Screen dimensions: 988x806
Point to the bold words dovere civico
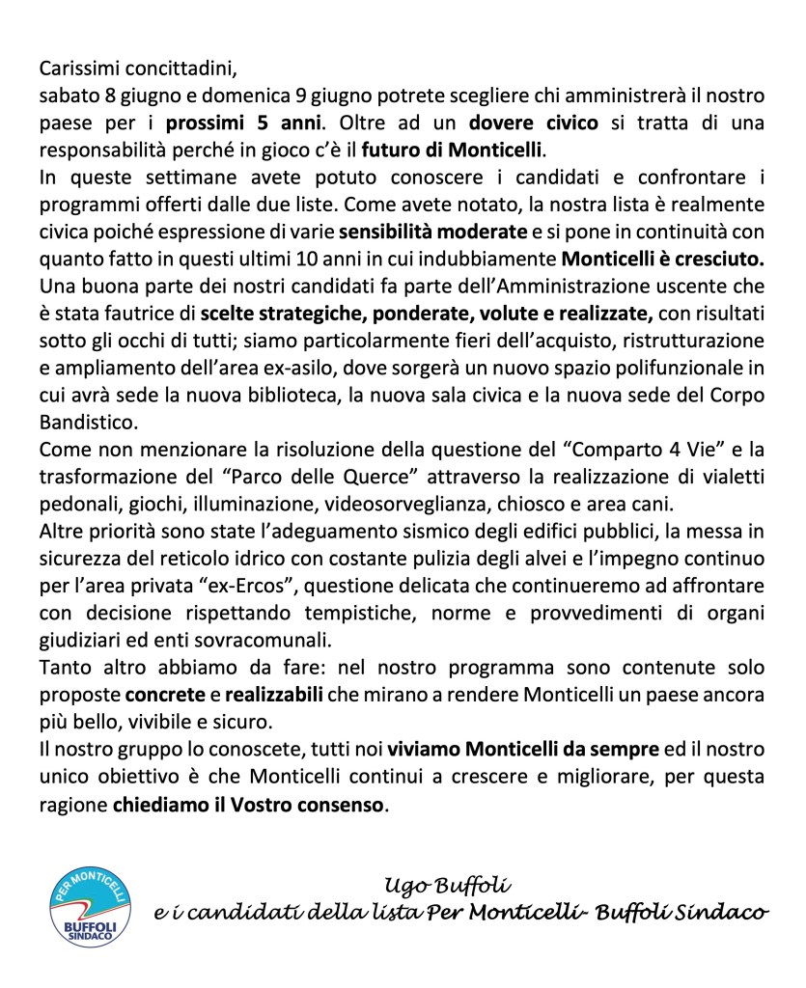[534, 124]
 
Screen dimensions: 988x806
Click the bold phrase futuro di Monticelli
[453, 151]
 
